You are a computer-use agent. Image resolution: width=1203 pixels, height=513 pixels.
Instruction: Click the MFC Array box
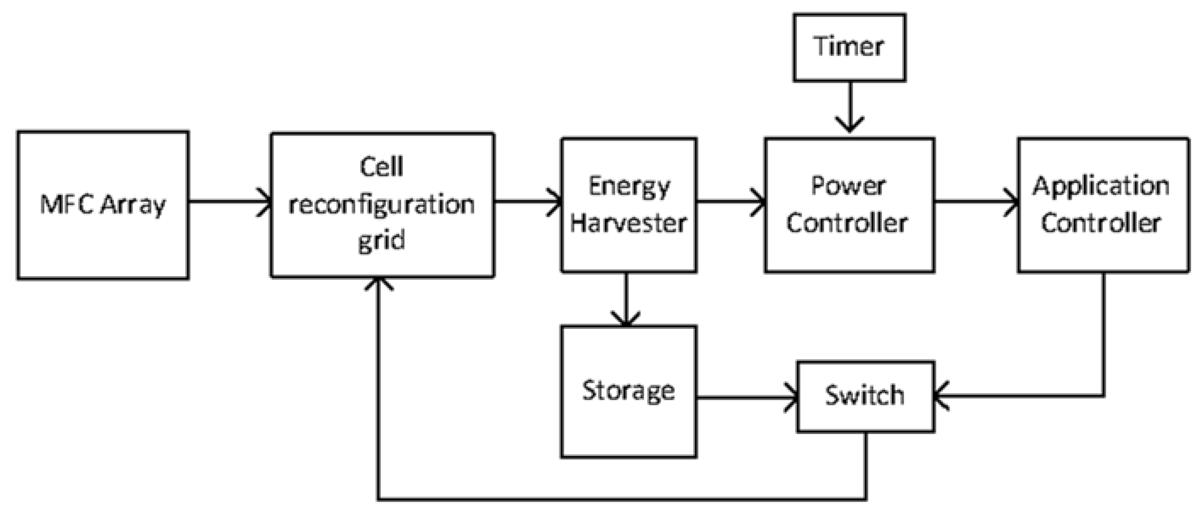[x=103, y=205]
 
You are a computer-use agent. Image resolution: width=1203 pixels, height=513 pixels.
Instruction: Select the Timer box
[x=849, y=47]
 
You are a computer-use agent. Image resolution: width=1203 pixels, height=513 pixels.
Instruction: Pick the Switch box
[x=865, y=396]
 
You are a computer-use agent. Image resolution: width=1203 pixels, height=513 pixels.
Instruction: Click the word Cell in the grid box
[x=381, y=167]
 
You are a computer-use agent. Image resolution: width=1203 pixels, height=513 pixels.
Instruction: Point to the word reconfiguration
[x=381, y=205]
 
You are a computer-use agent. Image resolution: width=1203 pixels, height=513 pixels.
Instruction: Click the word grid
[x=381, y=241]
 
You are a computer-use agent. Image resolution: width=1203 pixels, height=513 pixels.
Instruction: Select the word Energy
[x=628, y=187]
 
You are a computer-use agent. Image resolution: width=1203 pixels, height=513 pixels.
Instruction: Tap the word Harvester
[x=628, y=223]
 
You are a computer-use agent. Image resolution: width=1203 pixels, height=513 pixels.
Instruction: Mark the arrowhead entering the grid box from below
[x=379, y=284]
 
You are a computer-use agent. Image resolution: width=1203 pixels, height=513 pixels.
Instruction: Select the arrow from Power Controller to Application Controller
[x=976, y=202]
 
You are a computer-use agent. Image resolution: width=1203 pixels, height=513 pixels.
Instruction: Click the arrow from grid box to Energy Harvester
[x=528, y=202]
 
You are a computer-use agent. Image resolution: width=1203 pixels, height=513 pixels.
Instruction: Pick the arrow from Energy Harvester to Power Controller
[x=731, y=202]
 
